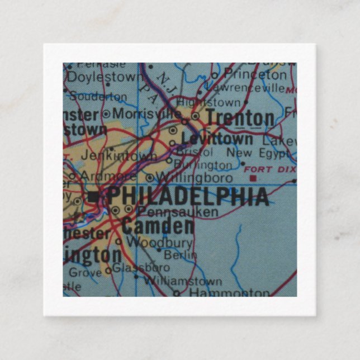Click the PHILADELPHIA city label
(x=187, y=196)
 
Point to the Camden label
(x=158, y=226)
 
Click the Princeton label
(x=255, y=74)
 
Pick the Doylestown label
(x=106, y=76)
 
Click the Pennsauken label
(x=177, y=211)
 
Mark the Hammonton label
(x=229, y=292)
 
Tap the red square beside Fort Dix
(x=253, y=178)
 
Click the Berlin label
(x=181, y=254)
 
